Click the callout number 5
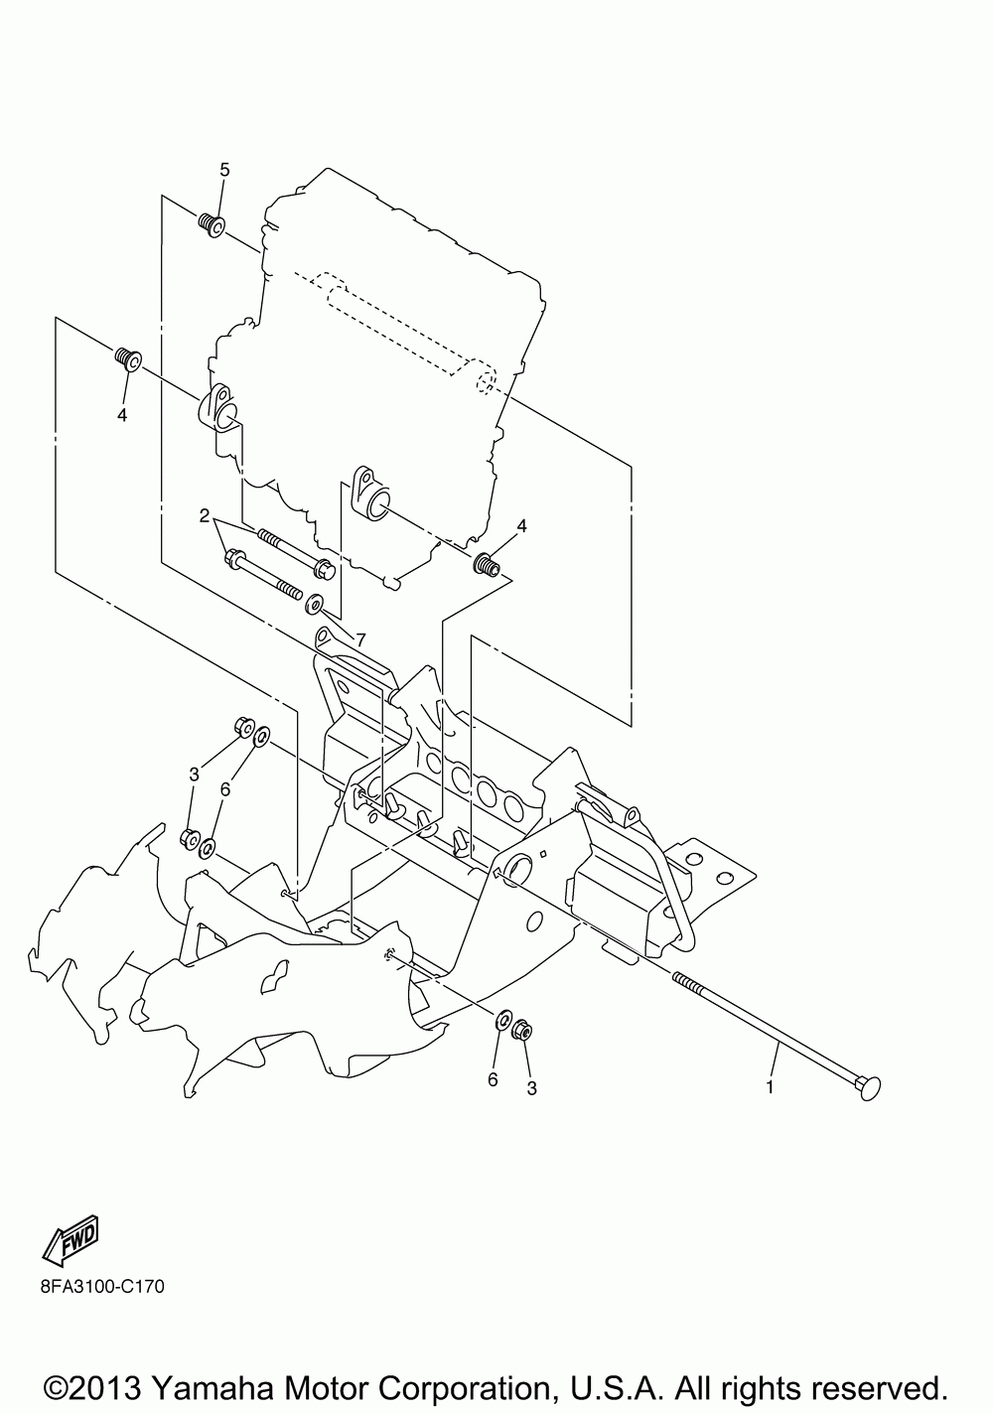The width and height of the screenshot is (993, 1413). (224, 170)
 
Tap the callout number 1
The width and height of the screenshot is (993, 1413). (769, 1087)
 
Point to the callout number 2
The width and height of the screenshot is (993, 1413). (205, 516)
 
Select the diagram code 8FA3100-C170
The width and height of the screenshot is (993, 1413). (88, 1287)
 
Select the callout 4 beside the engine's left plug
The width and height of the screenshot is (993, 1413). (122, 416)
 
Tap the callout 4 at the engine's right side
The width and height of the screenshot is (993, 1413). (521, 524)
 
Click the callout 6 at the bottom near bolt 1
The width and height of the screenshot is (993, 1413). (493, 1079)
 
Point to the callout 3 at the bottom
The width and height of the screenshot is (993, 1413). (531, 1088)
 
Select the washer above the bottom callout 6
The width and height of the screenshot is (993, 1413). (503, 1020)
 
